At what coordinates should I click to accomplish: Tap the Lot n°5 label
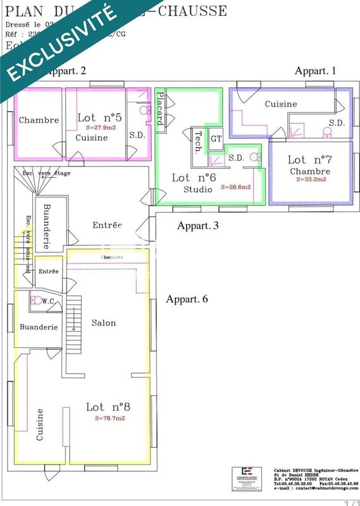pos(99,118)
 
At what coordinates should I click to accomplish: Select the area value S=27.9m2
pos(100,128)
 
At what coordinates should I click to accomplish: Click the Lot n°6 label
pos(193,178)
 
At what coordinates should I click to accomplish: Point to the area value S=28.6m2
pos(236,187)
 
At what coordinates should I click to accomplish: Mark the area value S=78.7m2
pos(110,418)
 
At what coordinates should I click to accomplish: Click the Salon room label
pos(104,323)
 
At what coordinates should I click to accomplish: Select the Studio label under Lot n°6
pos(197,190)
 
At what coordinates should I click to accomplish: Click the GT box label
pos(216,139)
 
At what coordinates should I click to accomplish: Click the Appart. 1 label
pos(315,71)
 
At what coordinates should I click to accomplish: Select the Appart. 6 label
pos(187,300)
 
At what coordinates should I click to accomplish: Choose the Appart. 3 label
pos(198,226)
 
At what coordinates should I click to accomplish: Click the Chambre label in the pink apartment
pos(39,120)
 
